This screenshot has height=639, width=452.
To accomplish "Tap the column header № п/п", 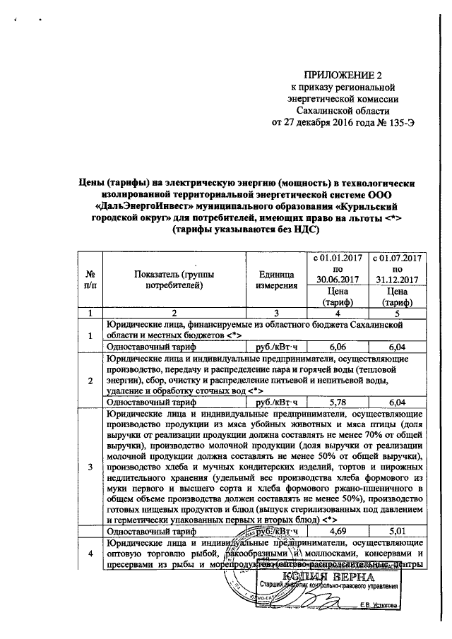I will pos(90,280).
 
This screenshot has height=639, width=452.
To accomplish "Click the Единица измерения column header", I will pos(275,280).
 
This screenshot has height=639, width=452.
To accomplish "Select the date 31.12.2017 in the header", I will pos(396,280).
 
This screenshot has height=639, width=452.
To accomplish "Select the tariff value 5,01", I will pos(396,530).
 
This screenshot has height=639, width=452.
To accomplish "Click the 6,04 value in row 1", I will pos(396,347).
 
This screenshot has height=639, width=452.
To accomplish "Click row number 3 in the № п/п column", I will pos(90,467).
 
